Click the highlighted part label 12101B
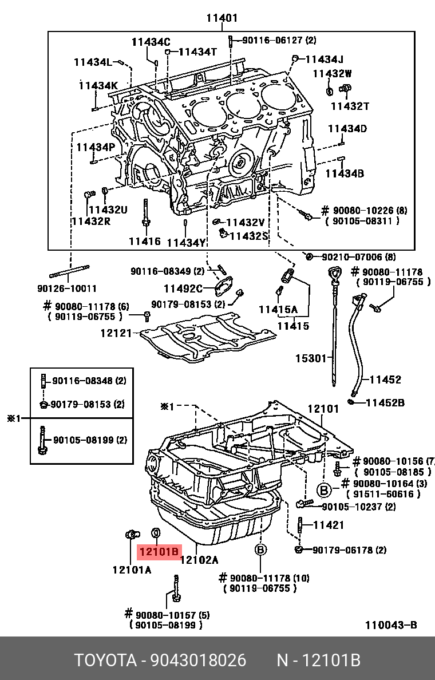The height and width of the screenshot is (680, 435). tap(159, 552)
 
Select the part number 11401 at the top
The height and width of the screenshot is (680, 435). tap(222, 18)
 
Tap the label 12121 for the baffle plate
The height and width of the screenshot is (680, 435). tap(116, 333)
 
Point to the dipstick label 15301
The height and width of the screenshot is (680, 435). tap(310, 359)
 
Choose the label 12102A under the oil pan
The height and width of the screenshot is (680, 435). tap(199, 560)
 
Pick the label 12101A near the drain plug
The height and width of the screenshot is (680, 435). tap(132, 570)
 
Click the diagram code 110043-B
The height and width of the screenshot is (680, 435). tap(391, 625)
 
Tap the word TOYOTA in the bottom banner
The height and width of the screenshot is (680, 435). tap(106, 661)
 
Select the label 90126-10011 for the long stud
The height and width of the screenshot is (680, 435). tap(67, 288)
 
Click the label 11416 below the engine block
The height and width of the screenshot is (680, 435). tap(144, 242)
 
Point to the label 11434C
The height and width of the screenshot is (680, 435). tap(151, 42)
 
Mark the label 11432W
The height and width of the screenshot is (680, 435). tap(333, 73)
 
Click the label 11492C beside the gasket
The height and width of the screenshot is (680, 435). tap(183, 288)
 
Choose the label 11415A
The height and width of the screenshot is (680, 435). tap(278, 310)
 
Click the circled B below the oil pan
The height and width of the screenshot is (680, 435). tap(260, 550)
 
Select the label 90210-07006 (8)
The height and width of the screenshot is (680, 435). tap(358, 257)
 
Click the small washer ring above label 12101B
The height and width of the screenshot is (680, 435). tap(156, 534)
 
